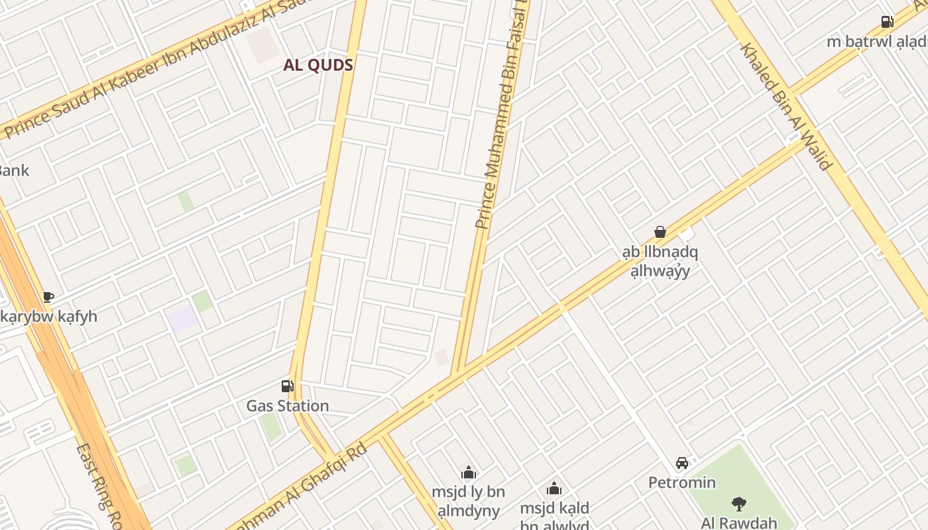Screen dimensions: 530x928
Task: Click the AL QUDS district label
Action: tap(318, 65)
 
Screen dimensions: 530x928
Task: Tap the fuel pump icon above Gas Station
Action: tap(287, 386)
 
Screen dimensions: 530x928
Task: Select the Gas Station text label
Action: tap(288, 405)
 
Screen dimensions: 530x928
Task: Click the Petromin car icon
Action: tap(682, 462)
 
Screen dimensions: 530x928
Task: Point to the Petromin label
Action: tap(682, 482)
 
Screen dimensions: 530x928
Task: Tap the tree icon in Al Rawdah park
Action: tap(738, 503)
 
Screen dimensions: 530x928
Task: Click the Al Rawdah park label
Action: tap(739, 523)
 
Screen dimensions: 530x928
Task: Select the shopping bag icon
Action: tap(660, 232)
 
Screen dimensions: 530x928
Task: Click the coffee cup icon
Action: tap(48, 297)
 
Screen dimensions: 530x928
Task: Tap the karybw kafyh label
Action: tap(49, 316)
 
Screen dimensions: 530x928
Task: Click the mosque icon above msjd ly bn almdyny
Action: tap(469, 472)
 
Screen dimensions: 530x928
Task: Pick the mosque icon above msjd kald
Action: tap(554, 490)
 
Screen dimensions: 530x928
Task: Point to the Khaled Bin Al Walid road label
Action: tap(786, 106)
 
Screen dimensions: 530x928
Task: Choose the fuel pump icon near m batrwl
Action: tap(887, 22)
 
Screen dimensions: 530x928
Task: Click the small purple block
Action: tap(182, 319)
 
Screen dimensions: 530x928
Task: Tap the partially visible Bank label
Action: tap(13, 170)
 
